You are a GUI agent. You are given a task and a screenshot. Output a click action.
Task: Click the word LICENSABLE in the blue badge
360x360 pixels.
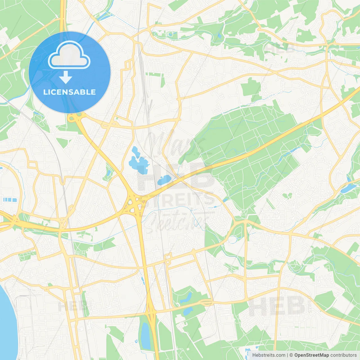(69, 92)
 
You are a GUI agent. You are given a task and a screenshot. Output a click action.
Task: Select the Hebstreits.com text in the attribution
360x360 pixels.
(269, 355)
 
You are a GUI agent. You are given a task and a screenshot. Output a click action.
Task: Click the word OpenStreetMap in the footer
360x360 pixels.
(311, 355)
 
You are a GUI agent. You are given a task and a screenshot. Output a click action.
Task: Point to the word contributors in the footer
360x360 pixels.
(343, 355)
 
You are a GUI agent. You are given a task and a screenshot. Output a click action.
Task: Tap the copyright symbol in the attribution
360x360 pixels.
(291, 355)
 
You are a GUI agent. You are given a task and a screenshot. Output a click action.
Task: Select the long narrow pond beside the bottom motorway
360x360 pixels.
(145, 336)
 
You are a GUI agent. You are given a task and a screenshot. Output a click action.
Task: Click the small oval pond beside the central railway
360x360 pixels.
(164, 180)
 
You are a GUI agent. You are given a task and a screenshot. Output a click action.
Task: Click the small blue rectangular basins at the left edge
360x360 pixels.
(10, 200)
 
